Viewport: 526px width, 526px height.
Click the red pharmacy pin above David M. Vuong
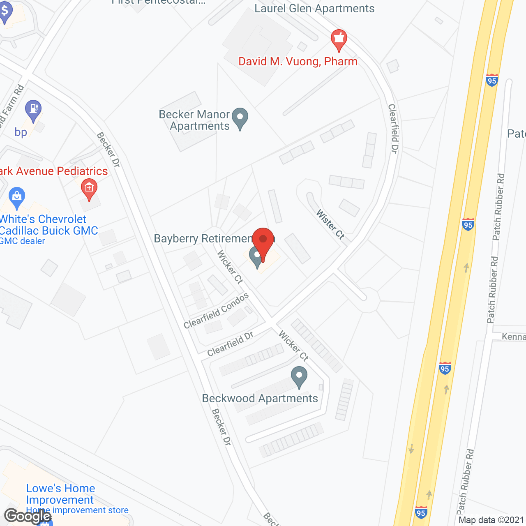click(x=339, y=40)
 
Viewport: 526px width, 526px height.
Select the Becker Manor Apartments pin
click(x=240, y=118)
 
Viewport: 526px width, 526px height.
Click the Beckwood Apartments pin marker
click(x=299, y=376)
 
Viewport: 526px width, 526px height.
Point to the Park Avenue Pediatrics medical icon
click(x=89, y=189)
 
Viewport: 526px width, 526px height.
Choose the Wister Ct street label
click(x=330, y=224)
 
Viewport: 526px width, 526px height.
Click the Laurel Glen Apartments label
click(x=314, y=8)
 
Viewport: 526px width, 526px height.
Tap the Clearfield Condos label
click(x=216, y=311)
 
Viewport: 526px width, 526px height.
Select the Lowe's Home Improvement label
click(x=60, y=494)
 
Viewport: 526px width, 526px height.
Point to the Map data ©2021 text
click(x=491, y=520)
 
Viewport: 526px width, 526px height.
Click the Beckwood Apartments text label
click(x=260, y=398)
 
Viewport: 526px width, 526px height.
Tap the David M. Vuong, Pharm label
click(x=298, y=62)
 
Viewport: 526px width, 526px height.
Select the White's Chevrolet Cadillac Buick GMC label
click(x=48, y=225)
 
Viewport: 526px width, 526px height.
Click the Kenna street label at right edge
click(x=514, y=337)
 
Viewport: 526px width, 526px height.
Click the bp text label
click(x=21, y=132)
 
